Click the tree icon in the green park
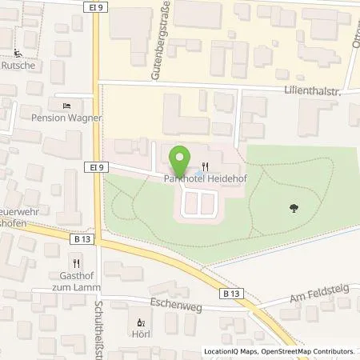coord(294,208)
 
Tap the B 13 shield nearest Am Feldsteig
coord(232,294)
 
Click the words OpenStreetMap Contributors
coord(311,351)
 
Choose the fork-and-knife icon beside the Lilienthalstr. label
coord(206,97)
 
